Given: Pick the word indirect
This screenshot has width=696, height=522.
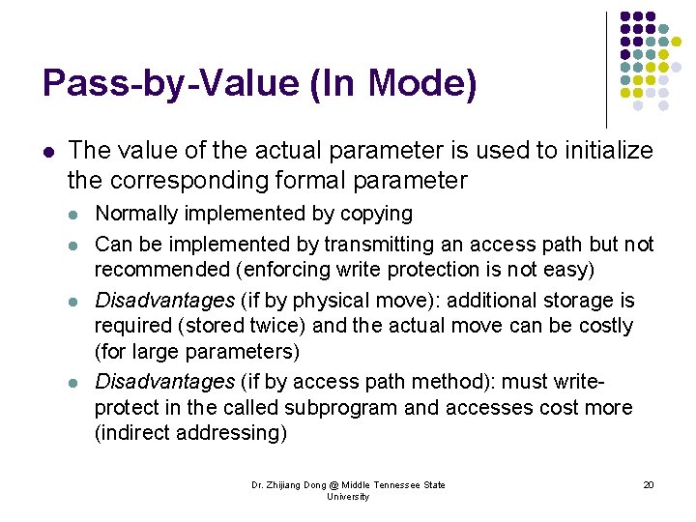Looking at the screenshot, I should click(133, 433).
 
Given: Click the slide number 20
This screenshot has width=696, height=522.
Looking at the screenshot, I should click(649, 485).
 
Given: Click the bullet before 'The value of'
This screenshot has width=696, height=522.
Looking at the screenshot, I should click(47, 152).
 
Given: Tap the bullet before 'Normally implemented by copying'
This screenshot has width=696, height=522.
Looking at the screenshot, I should click(76, 215).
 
